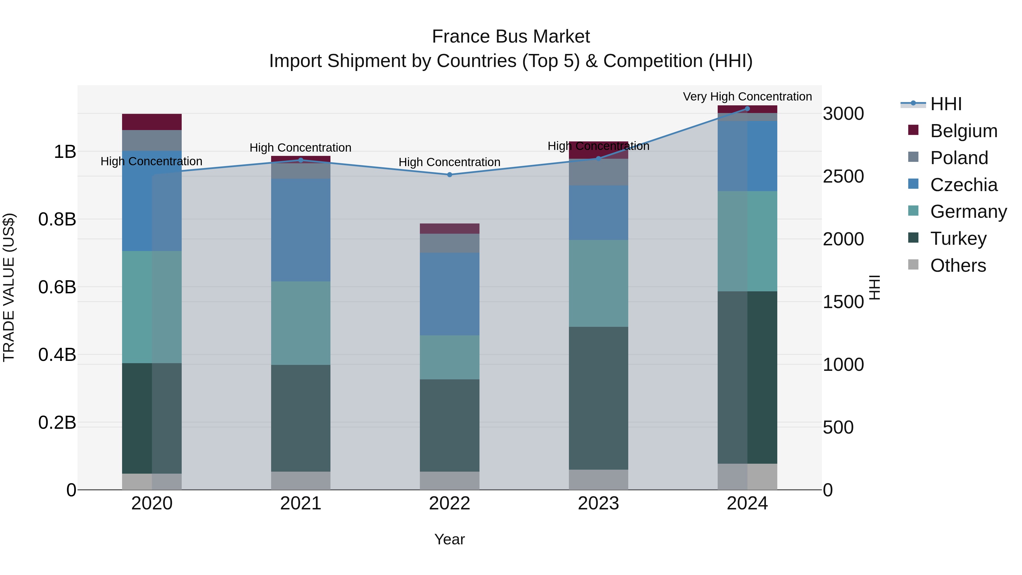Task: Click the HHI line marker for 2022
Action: pyautogui.click(x=449, y=175)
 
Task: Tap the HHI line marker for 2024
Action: pyautogui.click(x=747, y=109)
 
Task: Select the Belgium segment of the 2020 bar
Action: pyautogui.click(x=152, y=122)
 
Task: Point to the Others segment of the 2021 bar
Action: pyautogui.click(x=300, y=480)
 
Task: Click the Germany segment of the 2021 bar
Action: pyautogui.click(x=300, y=323)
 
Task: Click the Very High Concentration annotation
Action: pyautogui.click(x=747, y=97)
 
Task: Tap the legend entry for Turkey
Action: pyautogui.click(x=958, y=239)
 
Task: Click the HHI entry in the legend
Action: pyautogui.click(x=946, y=104)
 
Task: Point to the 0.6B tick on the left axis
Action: pyautogui.click(x=57, y=287)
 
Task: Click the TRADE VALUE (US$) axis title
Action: pyautogui.click(x=9, y=287)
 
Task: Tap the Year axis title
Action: pyautogui.click(x=449, y=539)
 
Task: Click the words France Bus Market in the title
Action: pyautogui.click(x=511, y=37)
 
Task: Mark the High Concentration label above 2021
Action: pyautogui.click(x=300, y=148)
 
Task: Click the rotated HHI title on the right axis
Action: pyautogui.click(x=874, y=287)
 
